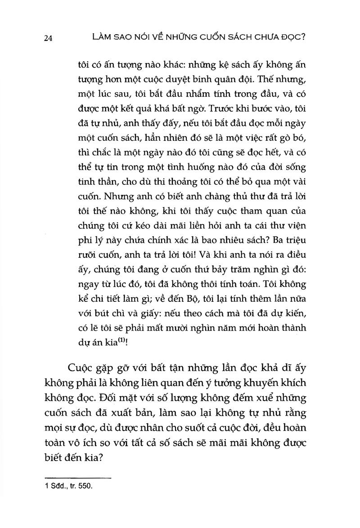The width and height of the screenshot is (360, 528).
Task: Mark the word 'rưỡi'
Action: pyautogui.click(x=88, y=254)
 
